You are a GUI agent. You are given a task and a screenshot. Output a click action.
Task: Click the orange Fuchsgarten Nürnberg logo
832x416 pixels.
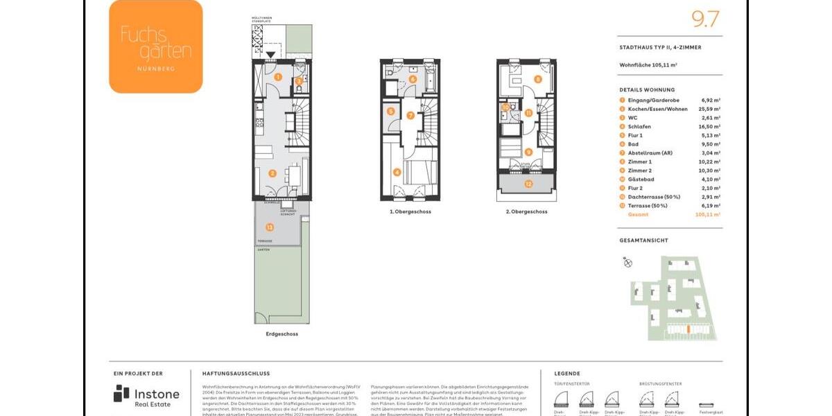[156, 46]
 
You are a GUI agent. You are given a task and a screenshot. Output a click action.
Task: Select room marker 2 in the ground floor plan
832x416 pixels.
[272, 173]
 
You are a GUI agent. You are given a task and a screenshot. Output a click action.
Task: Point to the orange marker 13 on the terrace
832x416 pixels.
[270, 227]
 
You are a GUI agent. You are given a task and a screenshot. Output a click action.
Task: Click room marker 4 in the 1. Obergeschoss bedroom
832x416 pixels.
[397, 173]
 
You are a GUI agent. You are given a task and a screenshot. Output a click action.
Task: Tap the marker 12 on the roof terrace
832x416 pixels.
[528, 184]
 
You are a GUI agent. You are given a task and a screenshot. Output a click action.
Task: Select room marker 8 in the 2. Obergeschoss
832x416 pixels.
[538, 79]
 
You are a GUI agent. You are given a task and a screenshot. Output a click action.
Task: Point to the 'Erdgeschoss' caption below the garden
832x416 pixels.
[281, 334]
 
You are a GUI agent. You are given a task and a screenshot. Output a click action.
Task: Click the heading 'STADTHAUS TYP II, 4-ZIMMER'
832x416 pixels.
[660, 48]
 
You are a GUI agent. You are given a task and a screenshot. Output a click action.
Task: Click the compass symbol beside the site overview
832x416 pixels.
[628, 262]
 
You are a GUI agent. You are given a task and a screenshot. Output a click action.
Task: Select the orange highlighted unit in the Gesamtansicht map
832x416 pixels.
[687, 329]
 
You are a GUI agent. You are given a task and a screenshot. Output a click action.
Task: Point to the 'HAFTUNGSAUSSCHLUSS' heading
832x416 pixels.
[236, 373]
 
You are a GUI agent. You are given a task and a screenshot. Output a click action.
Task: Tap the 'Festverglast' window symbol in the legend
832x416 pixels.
[707, 404]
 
